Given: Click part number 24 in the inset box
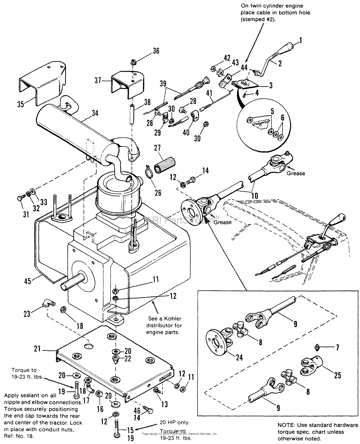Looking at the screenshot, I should [239, 357].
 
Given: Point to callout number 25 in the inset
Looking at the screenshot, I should [337, 375].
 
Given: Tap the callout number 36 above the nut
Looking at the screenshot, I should [156, 51].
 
